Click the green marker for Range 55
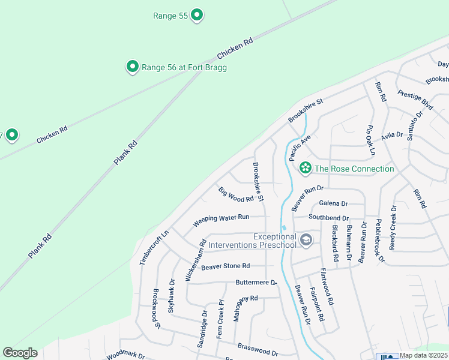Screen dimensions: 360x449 pos(197,16)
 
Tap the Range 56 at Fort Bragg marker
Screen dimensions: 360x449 pos(133,67)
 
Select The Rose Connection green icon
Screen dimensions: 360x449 pos(306,169)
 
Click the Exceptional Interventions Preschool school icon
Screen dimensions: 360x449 pos(306,241)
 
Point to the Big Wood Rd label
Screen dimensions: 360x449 pos(236,195)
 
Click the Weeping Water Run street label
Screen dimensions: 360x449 pos(220,220)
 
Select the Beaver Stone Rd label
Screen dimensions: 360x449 pos(225,266)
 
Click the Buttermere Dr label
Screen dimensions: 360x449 pos(256,282)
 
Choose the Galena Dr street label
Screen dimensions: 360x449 pos(334,204)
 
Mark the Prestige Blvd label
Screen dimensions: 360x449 pos(415,99)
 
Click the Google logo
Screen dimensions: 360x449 pos(20,353)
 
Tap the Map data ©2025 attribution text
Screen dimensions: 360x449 pos(423,355)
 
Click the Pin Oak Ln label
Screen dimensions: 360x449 pos(370,140)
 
